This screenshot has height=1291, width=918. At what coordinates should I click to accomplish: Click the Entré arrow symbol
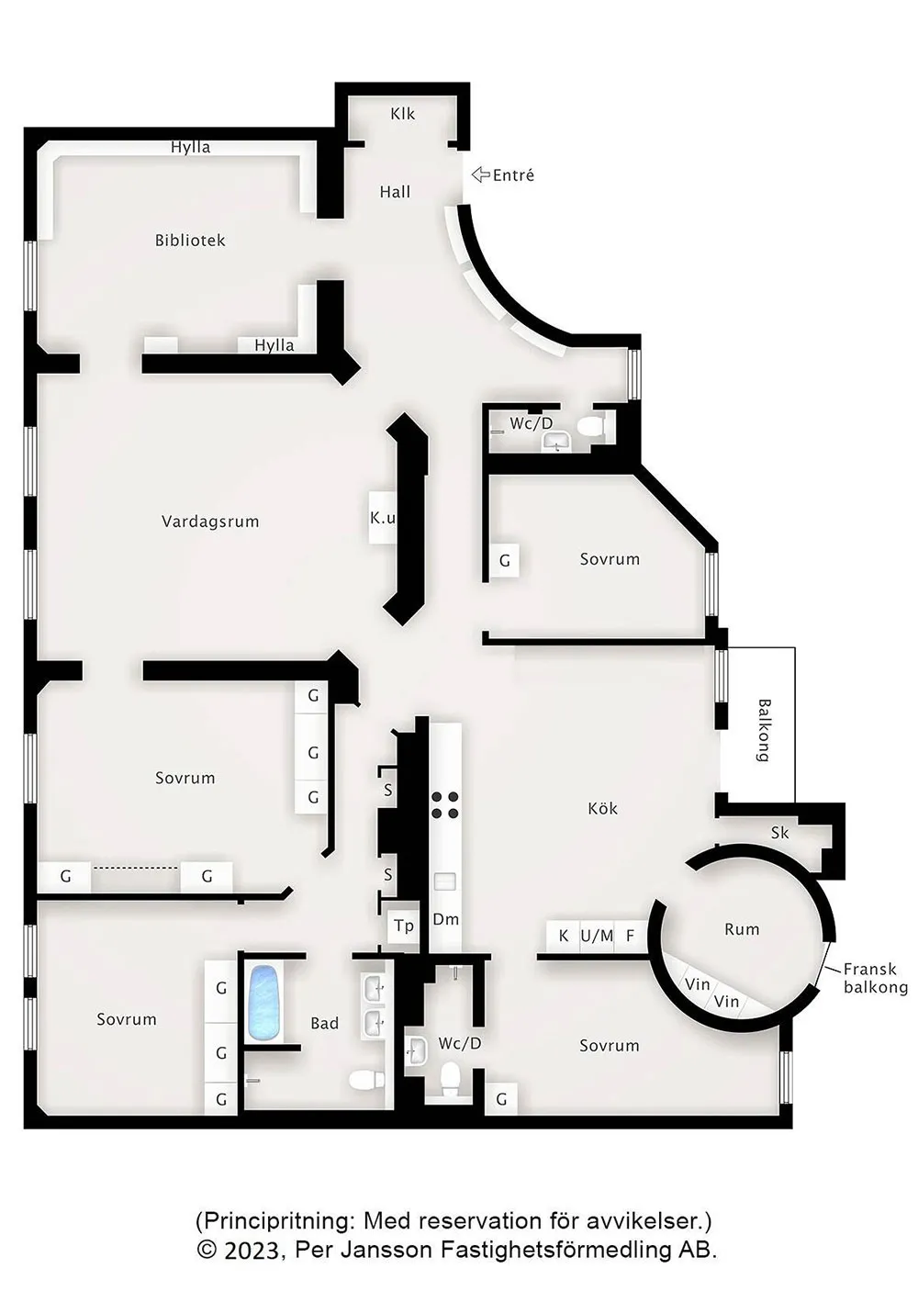point(481,174)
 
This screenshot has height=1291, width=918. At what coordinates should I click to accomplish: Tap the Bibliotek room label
point(190,240)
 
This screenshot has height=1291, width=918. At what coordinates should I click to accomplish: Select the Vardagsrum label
point(210,522)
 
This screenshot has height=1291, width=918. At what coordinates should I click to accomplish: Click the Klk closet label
point(402,114)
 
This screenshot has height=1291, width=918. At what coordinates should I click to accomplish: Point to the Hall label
point(396,191)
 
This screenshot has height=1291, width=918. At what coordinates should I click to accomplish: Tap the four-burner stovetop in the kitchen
point(446,805)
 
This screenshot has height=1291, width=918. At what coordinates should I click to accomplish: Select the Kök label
point(603,808)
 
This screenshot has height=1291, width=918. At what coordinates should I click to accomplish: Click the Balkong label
point(764,730)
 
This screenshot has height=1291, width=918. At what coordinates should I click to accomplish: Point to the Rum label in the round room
point(743,929)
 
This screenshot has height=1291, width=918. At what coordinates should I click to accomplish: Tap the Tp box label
point(404,926)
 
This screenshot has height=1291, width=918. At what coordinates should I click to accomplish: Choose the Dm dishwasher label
point(446,919)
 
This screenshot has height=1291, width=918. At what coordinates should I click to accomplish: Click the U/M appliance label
point(597,936)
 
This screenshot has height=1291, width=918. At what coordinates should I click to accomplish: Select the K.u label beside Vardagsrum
point(383,518)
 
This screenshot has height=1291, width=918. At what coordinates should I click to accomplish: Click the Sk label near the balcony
point(779,832)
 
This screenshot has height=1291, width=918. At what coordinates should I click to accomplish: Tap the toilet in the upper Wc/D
point(590,427)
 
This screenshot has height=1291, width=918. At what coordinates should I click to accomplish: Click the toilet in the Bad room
point(367,1080)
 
